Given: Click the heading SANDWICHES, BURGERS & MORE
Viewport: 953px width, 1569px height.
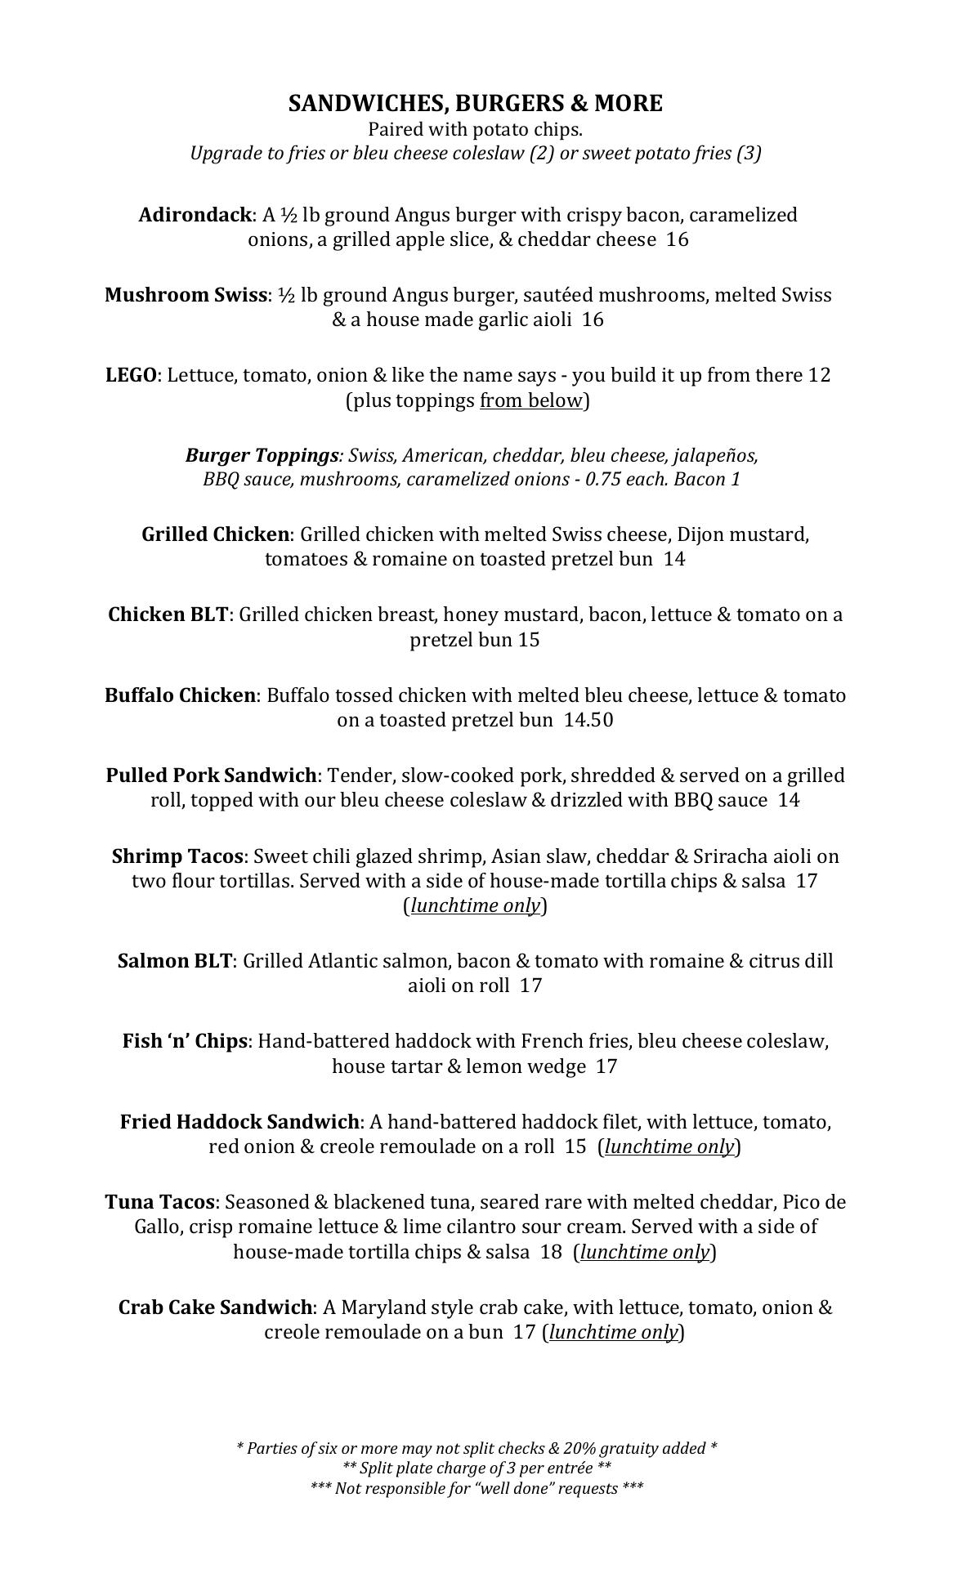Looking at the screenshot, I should click(x=475, y=104).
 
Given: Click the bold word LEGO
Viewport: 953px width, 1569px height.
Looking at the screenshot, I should click(x=131, y=375).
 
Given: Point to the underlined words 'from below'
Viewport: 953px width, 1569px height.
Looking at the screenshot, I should click(x=531, y=400).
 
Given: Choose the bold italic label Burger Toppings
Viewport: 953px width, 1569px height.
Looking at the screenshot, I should click(x=262, y=454).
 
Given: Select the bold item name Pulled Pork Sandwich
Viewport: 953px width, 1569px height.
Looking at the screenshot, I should click(x=211, y=775).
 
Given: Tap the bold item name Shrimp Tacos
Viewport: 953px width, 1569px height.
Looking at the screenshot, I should click(x=177, y=856).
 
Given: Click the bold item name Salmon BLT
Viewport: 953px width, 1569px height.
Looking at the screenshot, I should click(x=175, y=960).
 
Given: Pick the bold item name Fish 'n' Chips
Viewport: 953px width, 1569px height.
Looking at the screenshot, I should click(x=185, y=1040).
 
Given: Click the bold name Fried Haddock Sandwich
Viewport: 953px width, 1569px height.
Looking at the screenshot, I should click(x=239, y=1121).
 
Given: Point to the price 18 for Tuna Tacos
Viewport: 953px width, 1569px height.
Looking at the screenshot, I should click(x=550, y=1252).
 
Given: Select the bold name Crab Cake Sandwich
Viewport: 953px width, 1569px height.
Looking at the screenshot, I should click(x=215, y=1307).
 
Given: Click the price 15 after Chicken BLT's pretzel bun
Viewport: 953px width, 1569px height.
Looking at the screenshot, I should click(x=529, y=639).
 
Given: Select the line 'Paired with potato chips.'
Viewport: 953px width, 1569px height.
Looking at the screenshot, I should click(x=475, y=129).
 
